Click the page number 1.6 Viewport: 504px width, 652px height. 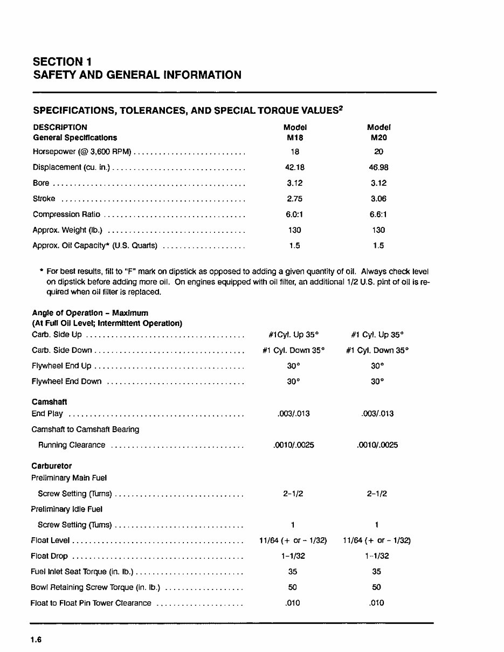tap(36, 640)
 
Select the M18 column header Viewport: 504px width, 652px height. tap(294, 137)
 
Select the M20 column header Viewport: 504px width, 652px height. tap(378, 137)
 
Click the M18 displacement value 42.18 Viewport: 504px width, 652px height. tap(294, 168)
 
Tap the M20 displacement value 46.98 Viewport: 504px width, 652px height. tap(378, 168)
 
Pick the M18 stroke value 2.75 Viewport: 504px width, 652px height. tap(294, 199)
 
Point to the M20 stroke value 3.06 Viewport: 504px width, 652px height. tap(378, 199)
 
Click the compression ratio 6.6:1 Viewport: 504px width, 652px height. tap(378, 214)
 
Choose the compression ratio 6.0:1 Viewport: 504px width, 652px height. tap(294, 214)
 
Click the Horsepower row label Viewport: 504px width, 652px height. tap(82, 152)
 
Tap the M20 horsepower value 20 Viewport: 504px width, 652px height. tap(378, 152)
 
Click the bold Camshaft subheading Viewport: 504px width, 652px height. tap(49, 402)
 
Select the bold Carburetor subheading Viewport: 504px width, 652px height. tap(51, 466)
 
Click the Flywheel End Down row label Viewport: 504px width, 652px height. tap(66, 382)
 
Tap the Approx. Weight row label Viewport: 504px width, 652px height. tap(67, 230)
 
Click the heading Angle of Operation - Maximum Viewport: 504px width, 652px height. tap(90, 313)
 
